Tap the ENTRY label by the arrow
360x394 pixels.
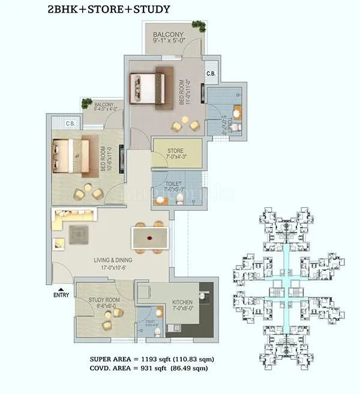(x=61, y=295)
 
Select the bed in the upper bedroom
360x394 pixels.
(x=148, y=88)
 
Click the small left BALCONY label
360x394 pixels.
(x=104, y=106)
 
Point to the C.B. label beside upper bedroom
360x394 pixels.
(x=211, y=73)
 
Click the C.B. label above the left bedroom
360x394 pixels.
(x=70, y=123)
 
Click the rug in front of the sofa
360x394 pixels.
(x=79, y=234)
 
